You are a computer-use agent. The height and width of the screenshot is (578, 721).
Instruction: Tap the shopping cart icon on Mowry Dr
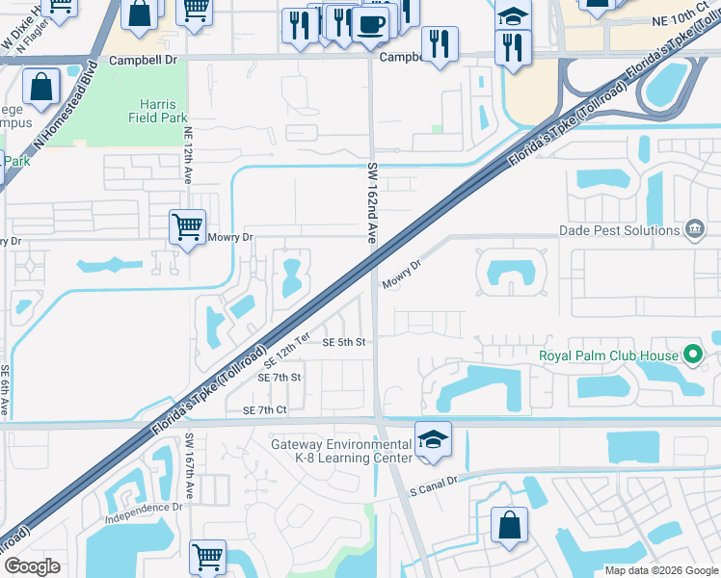tap(187, 228)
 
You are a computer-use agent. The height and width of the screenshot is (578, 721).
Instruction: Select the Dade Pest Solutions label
tap(620, 230)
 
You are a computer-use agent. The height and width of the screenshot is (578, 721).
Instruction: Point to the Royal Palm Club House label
tap(607, 355)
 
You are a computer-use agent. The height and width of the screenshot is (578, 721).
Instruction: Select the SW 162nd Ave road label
tap(371, 201)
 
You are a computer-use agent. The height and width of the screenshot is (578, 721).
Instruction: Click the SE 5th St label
tap(344, 342)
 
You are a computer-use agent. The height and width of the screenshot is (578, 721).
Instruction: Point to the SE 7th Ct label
tap(265, 410)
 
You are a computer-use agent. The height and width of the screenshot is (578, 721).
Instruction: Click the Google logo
tap(32, 566)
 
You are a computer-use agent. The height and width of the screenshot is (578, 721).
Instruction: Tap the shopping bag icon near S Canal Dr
tap(509, 526)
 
